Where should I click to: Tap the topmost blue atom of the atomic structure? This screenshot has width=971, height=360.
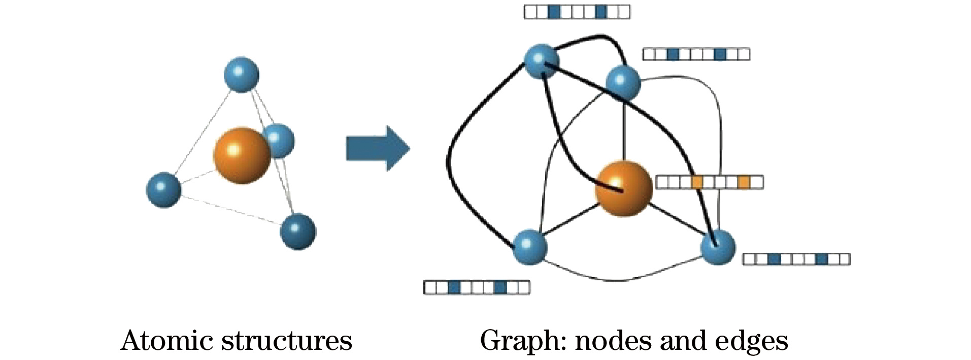[242, 75]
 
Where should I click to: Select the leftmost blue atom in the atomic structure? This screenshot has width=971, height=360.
[163, 190]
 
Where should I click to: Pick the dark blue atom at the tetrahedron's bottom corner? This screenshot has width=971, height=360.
[298, 232]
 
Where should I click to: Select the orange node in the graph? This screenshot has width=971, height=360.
[623, 189]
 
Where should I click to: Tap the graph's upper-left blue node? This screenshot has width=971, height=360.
[542, 61]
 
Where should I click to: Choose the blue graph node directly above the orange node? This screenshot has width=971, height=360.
[623, 83]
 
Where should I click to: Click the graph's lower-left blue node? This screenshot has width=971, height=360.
[530, 247]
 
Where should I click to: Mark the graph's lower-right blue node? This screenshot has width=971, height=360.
[718, 247]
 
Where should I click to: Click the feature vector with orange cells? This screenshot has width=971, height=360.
[709, 182]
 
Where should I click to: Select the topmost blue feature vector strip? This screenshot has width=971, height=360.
[577, 12]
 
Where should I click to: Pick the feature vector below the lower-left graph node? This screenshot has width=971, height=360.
[477, 287]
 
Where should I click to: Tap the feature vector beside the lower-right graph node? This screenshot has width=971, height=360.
[796, 259]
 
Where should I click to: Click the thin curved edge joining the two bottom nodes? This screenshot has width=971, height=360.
[622, 279]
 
